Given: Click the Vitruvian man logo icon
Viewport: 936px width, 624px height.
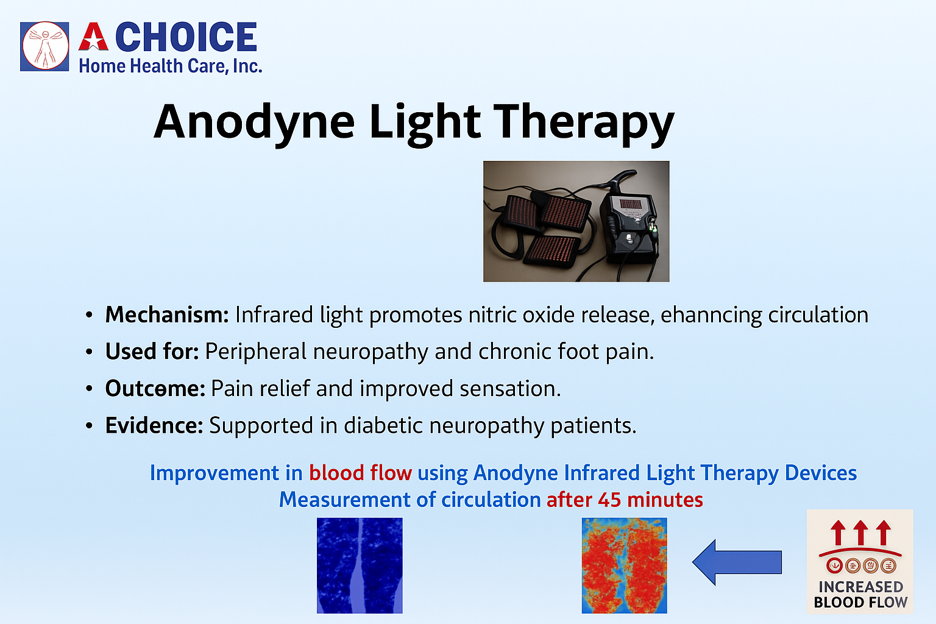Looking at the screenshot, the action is click(x=44, y=46).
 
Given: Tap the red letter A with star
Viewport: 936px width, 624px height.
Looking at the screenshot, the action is click(x=94, y=37).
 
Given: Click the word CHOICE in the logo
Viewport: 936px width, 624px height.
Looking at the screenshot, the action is click(x=186, y=37).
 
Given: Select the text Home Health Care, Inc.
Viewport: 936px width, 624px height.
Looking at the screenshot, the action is click(x=171, y=66).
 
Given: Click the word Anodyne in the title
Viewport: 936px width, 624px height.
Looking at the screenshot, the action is click(x=255, y=122).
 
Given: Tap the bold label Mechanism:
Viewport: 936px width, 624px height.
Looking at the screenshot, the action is click(x=167, y=314).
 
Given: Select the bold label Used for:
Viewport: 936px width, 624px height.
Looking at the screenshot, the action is click(x=152, y=351).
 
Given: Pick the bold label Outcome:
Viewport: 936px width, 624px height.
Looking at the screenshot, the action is click(x=155, y=388).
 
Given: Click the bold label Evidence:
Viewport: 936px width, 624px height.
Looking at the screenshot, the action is click(x=154, y=425).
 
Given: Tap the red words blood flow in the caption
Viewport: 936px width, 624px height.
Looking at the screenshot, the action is click(x=360, y=473).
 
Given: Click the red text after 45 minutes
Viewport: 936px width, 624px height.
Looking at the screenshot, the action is click(x=625, y=500).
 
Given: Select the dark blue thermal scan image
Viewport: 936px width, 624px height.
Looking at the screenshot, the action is click(x=360, y=565).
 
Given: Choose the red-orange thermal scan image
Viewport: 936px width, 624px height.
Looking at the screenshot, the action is click(x=624, y=565).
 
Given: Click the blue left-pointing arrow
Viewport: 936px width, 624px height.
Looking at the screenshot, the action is click(x=737, y=562).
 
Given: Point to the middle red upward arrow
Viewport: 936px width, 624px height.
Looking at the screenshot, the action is click(x=860, y=533).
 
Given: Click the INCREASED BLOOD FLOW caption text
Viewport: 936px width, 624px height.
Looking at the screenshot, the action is click(x=860, y=594).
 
